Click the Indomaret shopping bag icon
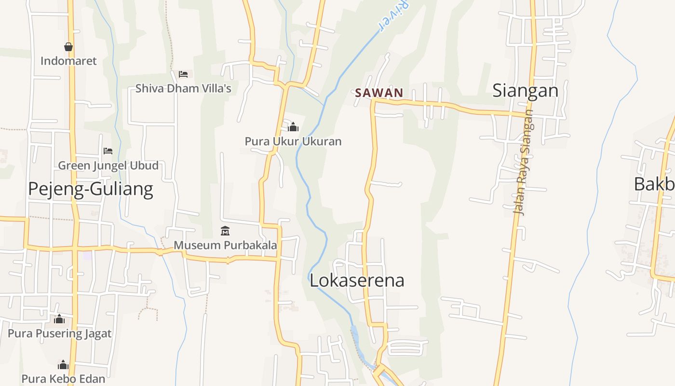[68, 47]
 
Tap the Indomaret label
[68, 61]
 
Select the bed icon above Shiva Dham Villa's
[183, 74]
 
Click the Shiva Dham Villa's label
[183, 88]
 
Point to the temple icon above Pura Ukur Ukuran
[293, 127]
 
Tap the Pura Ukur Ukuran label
[293, 141]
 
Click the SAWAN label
[379, 93]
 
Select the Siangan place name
[525, 90]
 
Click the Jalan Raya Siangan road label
[524, 162]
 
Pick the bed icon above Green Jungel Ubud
[108, 151]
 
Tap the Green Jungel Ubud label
[108, 165]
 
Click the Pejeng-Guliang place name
[91, 189]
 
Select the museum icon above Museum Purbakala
[225, 231]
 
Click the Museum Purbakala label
[225, 245]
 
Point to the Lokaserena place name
[357, 280]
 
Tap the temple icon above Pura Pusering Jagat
[59, 319]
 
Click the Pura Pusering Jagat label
[59, 333]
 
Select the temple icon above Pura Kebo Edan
[63, 365]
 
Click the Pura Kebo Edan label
[63, 379]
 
